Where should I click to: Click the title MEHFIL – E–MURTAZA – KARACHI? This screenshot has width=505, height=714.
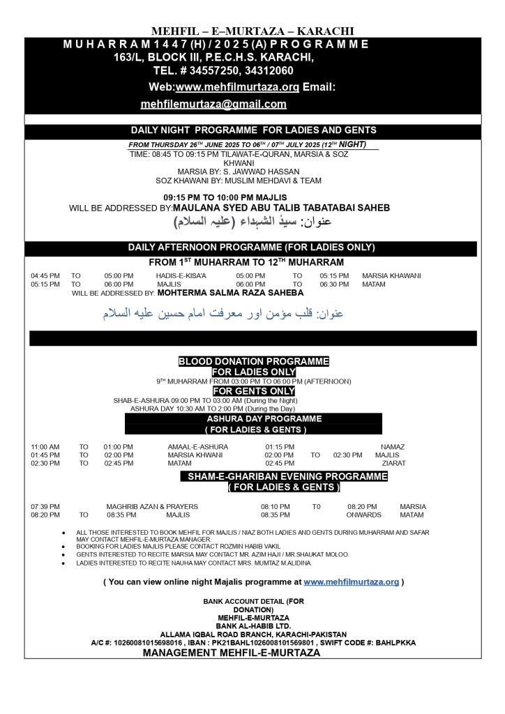pyautogui.click(x=252, y=31)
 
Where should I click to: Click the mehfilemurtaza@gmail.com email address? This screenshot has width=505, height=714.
pyautogui.click(x=213, y=104)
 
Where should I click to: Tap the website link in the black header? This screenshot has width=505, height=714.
pyautogui.click(x=237, y=87)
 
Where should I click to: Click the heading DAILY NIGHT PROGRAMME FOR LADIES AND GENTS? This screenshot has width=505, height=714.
pyautogui.click(x=253, y=130)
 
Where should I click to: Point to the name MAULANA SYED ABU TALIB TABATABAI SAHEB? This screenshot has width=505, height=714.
pyautogui.click(x=280, y=208)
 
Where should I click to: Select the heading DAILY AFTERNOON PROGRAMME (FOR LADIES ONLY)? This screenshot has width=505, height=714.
pyautogui.click(x=251, y=248)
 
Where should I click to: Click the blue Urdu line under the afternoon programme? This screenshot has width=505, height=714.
pyautogui.click(x=222, y=314)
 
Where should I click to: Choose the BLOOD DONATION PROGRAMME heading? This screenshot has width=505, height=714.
pyautogui.click(x=253, y=362)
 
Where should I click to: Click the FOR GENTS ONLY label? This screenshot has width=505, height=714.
pyautogui.click(x=253, y=391)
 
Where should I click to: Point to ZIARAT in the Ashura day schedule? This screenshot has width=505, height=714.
pyautogui.click(x=394, y=463)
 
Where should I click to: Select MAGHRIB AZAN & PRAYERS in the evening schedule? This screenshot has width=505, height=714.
pyautogui.click(x=152, y=506)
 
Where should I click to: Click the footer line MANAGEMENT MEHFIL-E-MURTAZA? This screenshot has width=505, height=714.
pyautogui.click(x=231, y=653)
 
